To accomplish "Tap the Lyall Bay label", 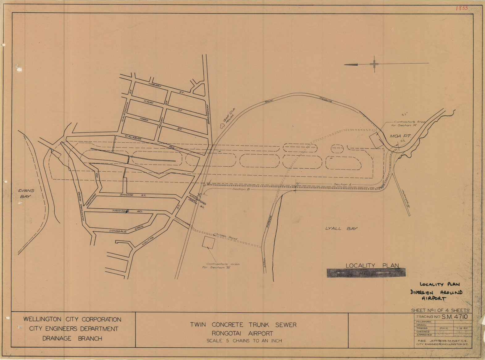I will pyautogui.click(x=341, y=228).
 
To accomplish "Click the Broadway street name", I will pyautogui.click(x=208, y=114).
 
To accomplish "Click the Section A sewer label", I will pyautogui.click(x=342, y=184).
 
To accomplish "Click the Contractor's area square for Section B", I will pyautogui.click(x=208, y=242).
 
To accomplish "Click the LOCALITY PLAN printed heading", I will pyautogui.click(x=372, y=266).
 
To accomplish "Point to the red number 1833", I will pyautogui.click(x=462, y=8).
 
